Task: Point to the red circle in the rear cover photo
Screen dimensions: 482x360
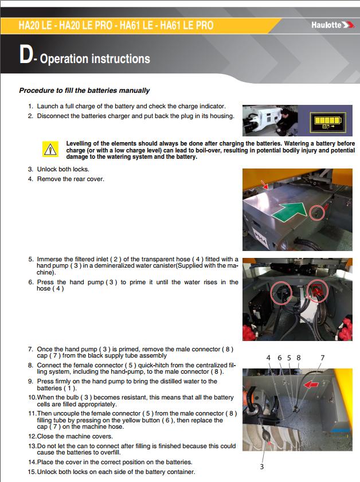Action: pos(315,213)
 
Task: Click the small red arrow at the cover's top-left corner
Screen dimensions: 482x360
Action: pos(264,185)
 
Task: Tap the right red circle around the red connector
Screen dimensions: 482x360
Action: pos(315,290)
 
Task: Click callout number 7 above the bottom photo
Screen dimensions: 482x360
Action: pos(322,358)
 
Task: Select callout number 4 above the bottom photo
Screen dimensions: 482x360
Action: pos(268,358)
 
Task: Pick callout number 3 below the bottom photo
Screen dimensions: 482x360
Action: pos(262,467)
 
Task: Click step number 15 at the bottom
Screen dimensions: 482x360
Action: pos(32,472)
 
